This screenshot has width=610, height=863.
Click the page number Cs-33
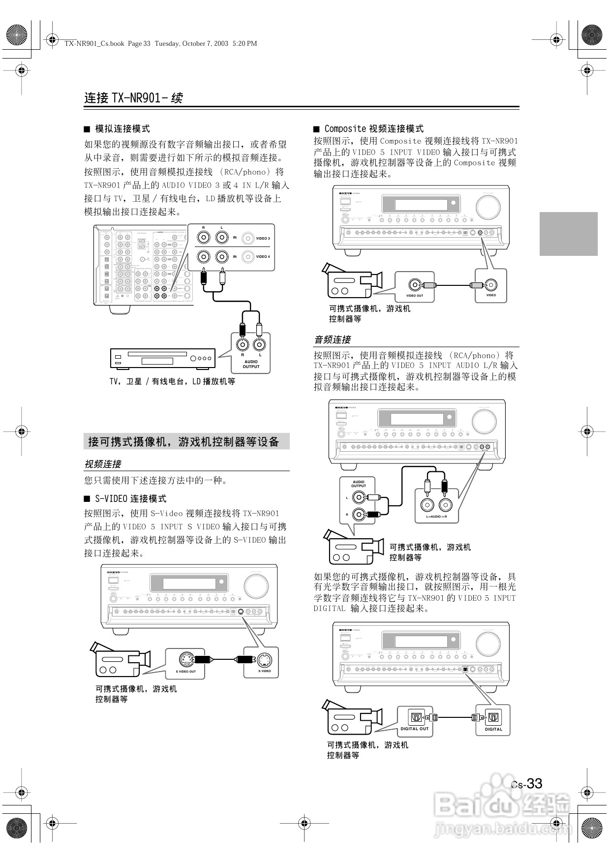pos(526,783)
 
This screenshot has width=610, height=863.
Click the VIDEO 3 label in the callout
pos(263,239)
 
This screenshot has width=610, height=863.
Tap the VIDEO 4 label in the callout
pos(263,256)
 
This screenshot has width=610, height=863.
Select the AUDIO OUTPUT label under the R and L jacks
pos(251,364)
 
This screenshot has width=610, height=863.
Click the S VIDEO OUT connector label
pos(185,671)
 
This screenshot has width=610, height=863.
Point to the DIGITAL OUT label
pos(415,729)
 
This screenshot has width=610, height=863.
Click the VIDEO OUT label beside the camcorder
pos(415,296)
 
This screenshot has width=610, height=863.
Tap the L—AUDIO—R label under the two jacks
pos(436,517)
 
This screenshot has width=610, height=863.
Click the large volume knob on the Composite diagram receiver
pos(488,207)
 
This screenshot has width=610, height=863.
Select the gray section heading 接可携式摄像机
pos(184,441)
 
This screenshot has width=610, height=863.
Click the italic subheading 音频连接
pos(333,339)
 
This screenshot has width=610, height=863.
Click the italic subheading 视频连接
pos(102,464)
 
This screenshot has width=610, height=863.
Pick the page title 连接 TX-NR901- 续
pos(133,98)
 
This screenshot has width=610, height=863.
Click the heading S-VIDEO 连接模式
pos(130,498)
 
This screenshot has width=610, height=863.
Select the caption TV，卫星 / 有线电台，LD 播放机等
pos(172,381)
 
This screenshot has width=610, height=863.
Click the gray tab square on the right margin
pos(568,234)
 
